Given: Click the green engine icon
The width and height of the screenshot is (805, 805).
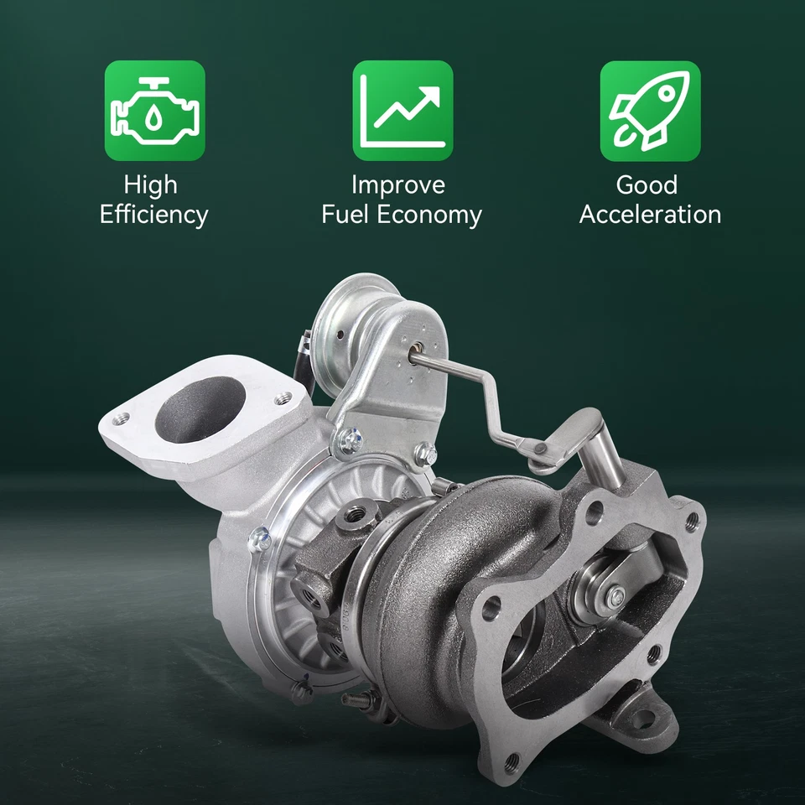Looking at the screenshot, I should (154, 111).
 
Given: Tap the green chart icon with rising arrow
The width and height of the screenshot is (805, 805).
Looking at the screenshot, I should (402, 111).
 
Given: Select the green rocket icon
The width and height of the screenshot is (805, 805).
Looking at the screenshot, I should (650, 111).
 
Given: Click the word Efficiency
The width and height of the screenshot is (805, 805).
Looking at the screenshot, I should (153, 215).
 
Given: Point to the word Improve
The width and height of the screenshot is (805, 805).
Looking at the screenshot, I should (398, 184).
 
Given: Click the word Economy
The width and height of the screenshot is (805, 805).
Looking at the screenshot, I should (429, 215).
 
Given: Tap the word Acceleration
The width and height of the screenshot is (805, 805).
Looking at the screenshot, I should (650, 215).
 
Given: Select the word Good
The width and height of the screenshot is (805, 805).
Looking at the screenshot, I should (647, 184).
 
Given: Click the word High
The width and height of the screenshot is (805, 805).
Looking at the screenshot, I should (151, 184).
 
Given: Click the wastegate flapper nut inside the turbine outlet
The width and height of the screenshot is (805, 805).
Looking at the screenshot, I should (617, 596).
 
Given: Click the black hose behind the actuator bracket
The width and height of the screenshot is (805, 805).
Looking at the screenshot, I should (310, 369).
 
